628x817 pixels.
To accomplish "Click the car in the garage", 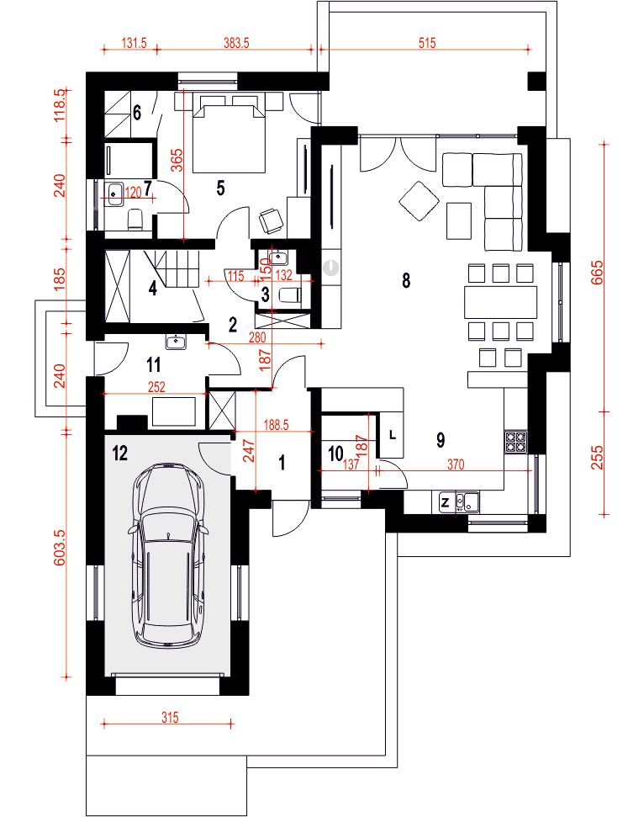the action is (x=169, y=555).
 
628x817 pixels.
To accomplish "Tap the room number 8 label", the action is (x=406, y=280).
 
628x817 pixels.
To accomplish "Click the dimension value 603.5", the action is (x=59, y=547).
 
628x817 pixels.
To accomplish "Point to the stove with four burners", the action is (x=516, y=441).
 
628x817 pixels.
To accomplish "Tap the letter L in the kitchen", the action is (x=393, y=434).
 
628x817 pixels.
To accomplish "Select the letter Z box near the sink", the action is (x=446, y=502).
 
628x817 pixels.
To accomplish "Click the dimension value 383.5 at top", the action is (x=236, y=43).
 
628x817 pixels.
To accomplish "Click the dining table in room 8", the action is (x=500, y=302).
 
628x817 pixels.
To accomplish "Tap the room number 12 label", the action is (x=119, y=453).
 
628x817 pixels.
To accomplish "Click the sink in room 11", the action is (x=177, y=342).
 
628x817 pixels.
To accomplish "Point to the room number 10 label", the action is (x=336, y=454).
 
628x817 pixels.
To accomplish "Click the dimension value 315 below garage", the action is (x=170, y=718).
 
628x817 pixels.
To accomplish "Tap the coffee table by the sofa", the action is (x=459, y=220).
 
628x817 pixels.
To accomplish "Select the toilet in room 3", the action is (x=290, y=296).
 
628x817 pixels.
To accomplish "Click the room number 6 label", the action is (x=137, y=113).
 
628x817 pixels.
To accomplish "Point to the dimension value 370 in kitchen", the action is (x=456, y=464).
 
